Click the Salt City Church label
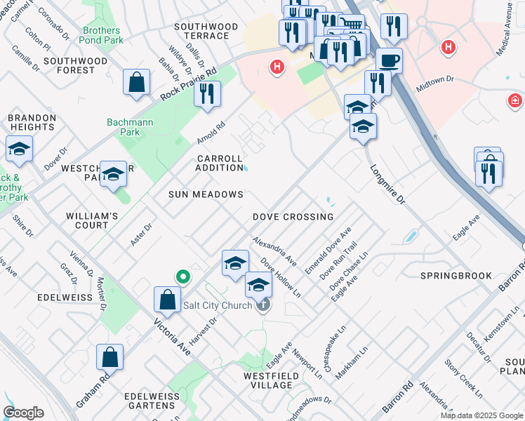click(x=217, y=305)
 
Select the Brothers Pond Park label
click(x=101, y=36)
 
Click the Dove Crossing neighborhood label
click(x=293, y=218)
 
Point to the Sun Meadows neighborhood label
click(x=206, y=194)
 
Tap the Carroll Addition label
click(x=219, y=163)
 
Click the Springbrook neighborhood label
click(x=456, y=276)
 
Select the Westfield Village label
click(x=258, y=380)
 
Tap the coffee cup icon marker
click(x=389, y=60)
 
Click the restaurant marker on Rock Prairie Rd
click(x=207, y=94)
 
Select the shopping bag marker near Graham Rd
click(x=110, y=357)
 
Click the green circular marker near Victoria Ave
click(x=182, y=276)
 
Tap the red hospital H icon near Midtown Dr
click(x=446, y=47)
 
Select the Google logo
click(x=24, y=413)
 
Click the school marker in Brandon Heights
click(x=19, y=149)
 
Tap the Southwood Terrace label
click(x=206, y=31)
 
